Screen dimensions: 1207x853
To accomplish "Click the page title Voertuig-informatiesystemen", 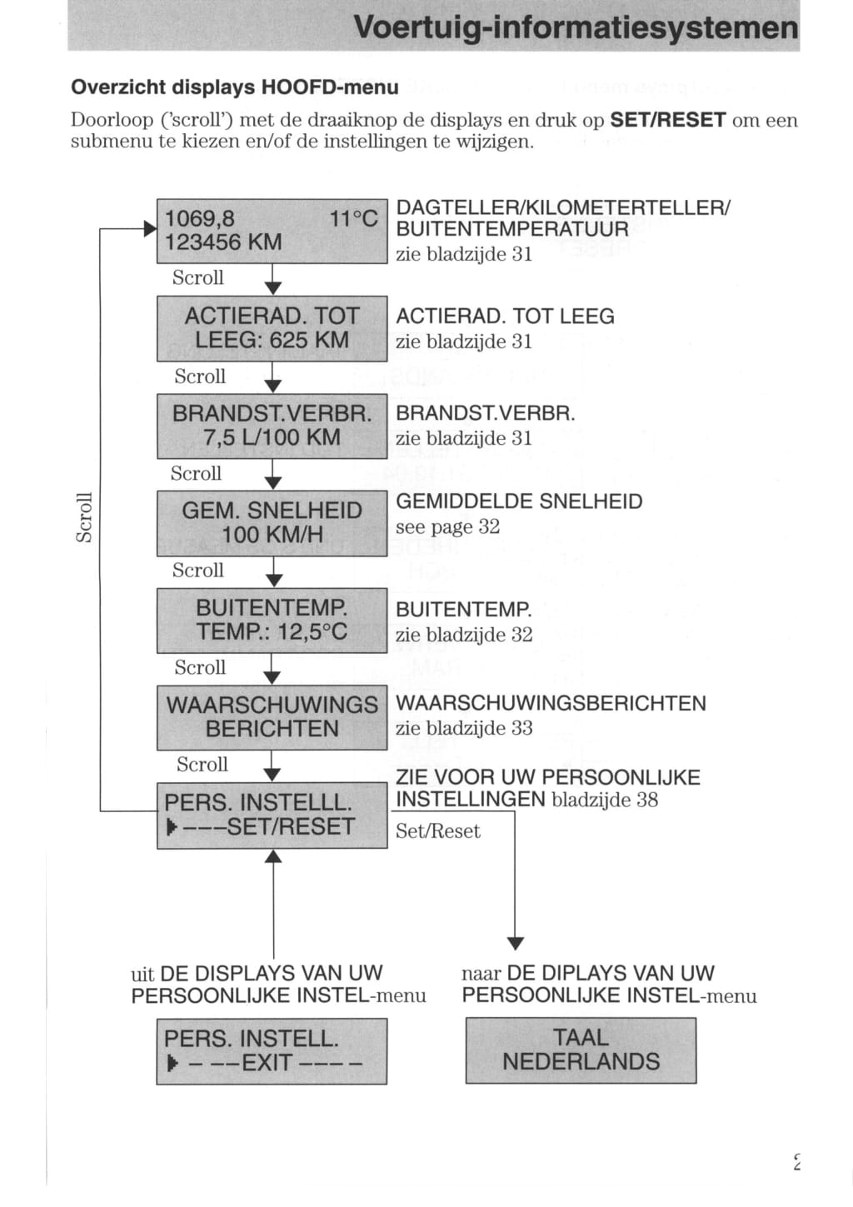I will tap(576, 27).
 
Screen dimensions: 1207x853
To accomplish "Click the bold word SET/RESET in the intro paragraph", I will tap(668, 120).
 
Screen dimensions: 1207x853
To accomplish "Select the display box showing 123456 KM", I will tap(272, 231).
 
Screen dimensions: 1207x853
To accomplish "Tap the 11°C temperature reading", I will tap(353, 219).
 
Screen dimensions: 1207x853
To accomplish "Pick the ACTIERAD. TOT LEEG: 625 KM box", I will tap(272, 328).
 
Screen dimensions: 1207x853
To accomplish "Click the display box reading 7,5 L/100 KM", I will tap(272, 426).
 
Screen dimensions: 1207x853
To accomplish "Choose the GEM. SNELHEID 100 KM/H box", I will tap(272, 523).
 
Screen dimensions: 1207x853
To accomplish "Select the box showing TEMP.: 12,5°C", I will tap(272, 620).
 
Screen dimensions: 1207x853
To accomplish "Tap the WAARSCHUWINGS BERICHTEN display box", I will tap(272, 717).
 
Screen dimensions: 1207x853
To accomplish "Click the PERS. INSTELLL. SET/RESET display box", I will tap(272, 815).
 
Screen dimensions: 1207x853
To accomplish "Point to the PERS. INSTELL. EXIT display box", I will tap(272, 1051).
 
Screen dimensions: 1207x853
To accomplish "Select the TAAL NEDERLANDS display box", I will tap(581, 1050).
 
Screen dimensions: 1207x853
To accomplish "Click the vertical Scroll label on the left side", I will tap(84, 517).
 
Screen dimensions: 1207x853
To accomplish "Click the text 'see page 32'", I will tap(447, 527).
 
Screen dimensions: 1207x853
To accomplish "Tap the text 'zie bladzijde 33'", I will tap(464, 728).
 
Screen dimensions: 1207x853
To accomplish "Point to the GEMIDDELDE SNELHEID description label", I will tap(519, 501).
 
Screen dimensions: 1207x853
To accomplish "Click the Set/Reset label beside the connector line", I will tap(438, 831).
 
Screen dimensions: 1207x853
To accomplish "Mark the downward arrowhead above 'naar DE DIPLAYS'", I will tap(516, 943).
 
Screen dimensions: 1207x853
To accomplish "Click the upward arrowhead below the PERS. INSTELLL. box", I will tap(273, 856).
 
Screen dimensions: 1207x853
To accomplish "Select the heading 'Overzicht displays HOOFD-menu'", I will tap(235, 87).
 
